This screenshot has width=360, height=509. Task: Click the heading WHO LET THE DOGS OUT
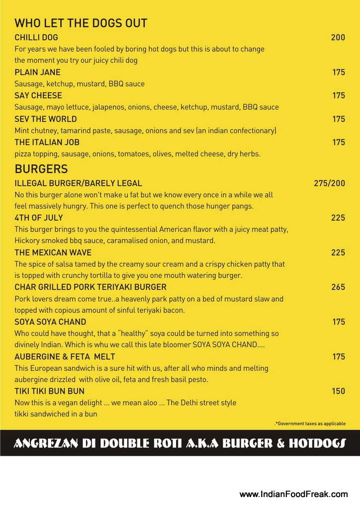point(81,23)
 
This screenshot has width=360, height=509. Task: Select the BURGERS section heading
point(41,169)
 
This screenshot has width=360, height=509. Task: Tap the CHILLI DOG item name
point(36,37)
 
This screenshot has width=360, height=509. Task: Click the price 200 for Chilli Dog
point(338,37)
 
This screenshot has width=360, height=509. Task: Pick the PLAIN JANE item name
point(37,72)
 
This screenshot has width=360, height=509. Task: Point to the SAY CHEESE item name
point(38,95)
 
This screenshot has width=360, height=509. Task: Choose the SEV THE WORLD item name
point(46,119)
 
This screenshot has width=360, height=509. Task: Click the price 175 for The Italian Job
point(339,142)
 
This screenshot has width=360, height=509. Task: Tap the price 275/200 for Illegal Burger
point(329,183)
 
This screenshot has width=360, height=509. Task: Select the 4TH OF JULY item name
point(39,218)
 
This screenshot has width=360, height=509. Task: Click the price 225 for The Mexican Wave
point(338,253)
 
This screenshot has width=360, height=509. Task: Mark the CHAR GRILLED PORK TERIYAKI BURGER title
point(90,287)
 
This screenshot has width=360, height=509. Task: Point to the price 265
point(338,287)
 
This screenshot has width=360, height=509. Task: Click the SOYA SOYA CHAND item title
point(50,322)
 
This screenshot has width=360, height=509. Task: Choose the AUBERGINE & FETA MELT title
point(65,357)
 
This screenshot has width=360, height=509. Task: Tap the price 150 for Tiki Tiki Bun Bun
point(338,391)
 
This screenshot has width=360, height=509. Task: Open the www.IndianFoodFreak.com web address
point(293,494)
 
